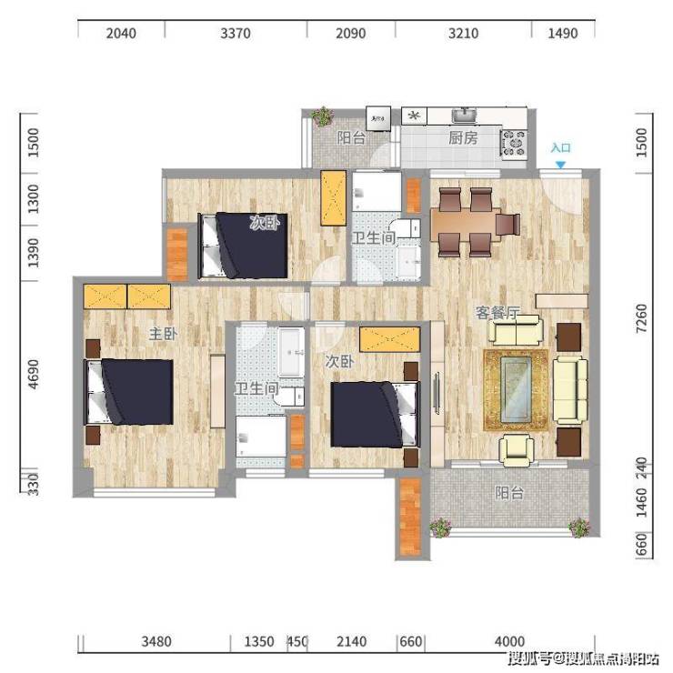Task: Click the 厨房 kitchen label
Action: click(x=463, y=138)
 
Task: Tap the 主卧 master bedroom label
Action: click(x=163, y=334)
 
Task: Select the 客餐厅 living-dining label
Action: click(x=497, y=313)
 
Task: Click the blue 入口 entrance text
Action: click(x=560, y=148)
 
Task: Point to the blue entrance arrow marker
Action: click(x=560, y=165)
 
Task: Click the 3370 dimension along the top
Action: click(x=236, y=34)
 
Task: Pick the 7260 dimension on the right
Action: click(x=641, y=318)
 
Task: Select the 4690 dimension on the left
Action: click(x=33, y=374)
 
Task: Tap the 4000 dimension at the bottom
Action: click(x=509, y=642)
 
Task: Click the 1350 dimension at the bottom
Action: click(x=259, y=642)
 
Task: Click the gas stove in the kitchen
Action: click(x=513, y=143)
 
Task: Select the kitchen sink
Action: click(x=464, y=116)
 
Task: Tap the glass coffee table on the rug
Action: click(x=516, y=390)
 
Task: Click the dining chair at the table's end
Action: click(x=507, y=224)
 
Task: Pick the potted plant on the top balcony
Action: click(x=322, y=116)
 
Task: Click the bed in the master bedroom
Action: click(x=130, y=391)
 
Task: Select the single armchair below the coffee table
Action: click(x=517, y=450)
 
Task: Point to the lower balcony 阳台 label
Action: click(x=509, y=493)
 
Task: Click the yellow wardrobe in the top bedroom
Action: click(x=334, y=198)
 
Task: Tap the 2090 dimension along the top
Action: click(x=351, y=34)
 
